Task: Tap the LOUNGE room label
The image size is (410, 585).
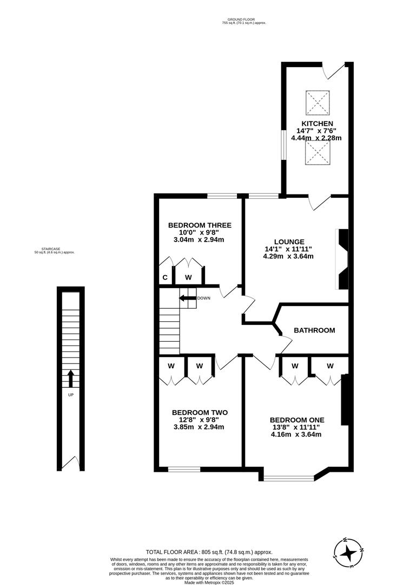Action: coord(289,242)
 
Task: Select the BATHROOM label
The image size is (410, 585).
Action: coord(314,330)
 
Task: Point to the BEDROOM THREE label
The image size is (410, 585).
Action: coord(200,225)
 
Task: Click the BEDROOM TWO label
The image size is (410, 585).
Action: coord(200,412)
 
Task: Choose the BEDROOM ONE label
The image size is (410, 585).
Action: coord(297,420)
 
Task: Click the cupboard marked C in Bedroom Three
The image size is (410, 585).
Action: coord(165,277)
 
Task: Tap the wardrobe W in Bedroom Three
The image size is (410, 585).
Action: coord(189,277)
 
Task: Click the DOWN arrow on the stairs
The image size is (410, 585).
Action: coord(188,298)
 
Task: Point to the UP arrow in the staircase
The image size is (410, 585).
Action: coord(70,379)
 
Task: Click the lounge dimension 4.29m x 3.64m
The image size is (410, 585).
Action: coord(289,256)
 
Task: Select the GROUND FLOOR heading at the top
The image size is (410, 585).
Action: coord(244,19)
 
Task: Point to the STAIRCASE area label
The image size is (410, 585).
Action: coord(54,250)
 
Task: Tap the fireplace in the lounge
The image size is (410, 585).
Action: coord(342,258)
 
